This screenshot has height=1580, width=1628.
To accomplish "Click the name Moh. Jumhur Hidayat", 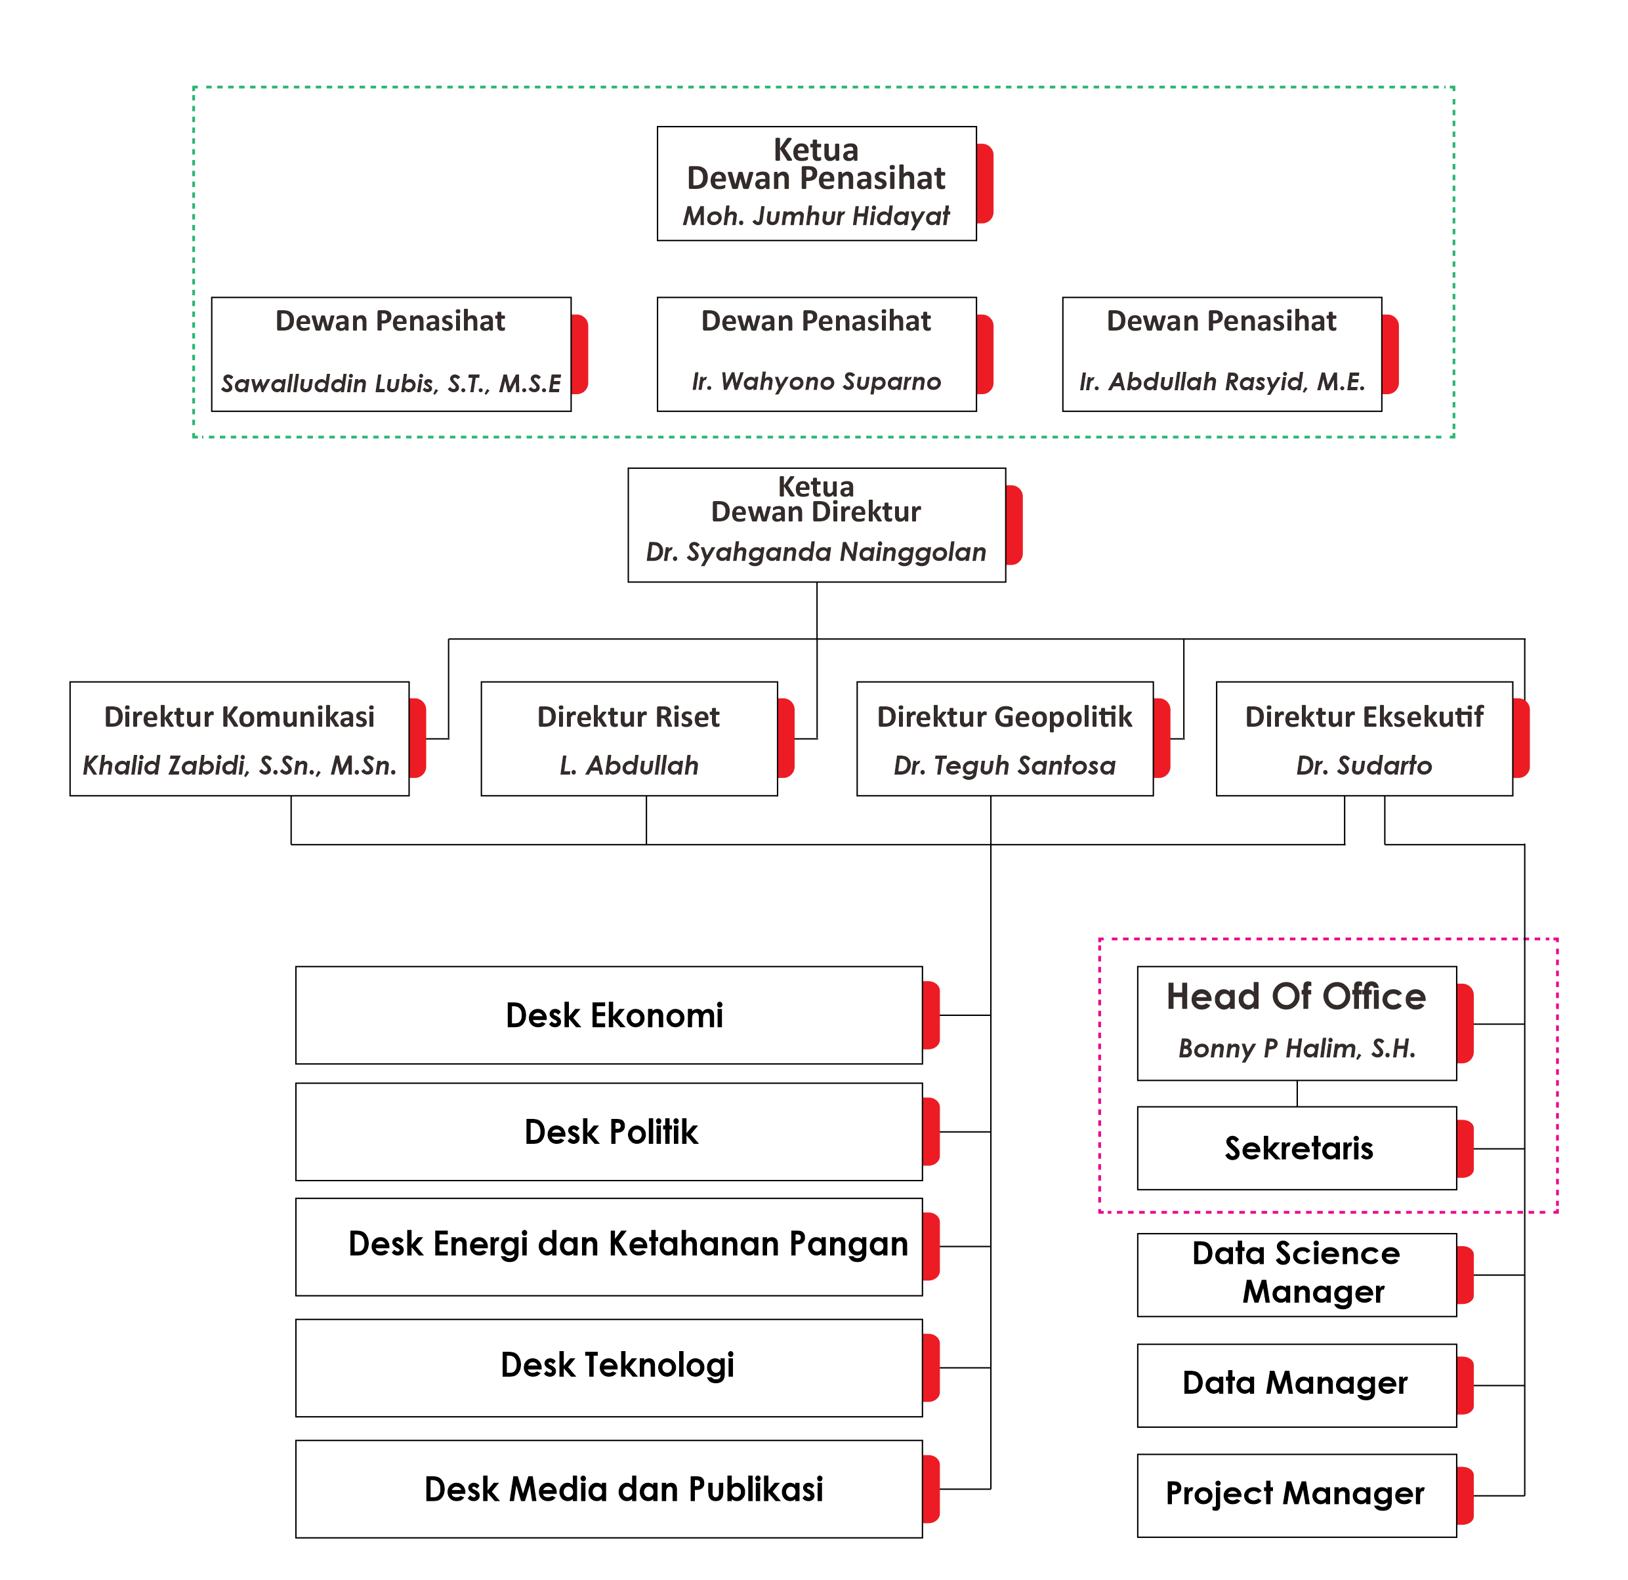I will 816,216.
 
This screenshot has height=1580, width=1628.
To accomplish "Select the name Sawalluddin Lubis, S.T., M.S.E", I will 390,383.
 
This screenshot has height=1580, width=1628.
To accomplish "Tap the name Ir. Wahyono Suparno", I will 816,381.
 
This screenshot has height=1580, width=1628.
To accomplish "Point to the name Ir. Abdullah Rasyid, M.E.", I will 1222,381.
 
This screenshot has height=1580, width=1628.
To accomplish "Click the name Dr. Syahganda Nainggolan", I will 816,552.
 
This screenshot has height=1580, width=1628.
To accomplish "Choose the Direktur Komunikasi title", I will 240,716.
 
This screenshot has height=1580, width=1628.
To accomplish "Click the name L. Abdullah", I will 629,765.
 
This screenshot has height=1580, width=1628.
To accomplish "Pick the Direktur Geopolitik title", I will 1004,716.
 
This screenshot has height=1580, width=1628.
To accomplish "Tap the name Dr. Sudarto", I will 1364,765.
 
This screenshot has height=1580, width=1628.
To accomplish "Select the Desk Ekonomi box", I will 609,1015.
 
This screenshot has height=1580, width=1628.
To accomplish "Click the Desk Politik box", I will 609,1131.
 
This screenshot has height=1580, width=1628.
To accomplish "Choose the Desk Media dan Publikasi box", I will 609,1489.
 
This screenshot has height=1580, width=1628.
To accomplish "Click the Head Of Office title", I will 1296,996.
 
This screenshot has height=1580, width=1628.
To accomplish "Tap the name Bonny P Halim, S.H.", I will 1296,1049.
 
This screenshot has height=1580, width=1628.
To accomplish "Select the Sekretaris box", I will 1297,1148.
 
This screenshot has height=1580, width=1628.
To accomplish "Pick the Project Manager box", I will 1297,1495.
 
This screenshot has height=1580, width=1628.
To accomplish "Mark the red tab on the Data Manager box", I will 1465,1385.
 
